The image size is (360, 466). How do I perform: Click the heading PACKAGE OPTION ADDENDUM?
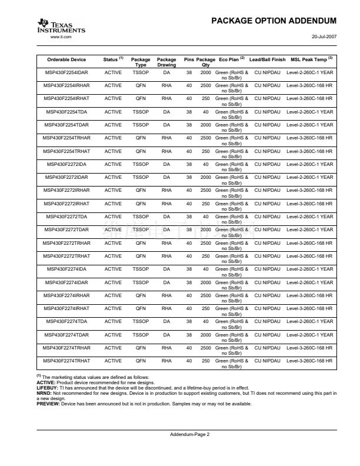point(274,21)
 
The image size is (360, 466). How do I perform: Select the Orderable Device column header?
point(66,60)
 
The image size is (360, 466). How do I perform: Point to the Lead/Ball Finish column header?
point(267,60)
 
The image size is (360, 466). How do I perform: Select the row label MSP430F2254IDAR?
point(66,72)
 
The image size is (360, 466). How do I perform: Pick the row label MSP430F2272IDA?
point(66,164)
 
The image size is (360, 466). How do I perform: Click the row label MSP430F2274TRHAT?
point(66,361)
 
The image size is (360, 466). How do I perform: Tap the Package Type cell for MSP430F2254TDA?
point(141,112)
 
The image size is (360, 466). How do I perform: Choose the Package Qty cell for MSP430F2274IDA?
point(205,269)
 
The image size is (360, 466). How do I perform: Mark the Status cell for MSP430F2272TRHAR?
point(113,243)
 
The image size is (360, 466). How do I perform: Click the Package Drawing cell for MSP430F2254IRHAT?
point(166,99)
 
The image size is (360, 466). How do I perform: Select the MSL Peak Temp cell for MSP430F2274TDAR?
point(309,335)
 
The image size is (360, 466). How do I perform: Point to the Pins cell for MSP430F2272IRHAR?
point(189,191)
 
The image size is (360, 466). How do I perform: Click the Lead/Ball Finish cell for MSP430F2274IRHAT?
point(267,308)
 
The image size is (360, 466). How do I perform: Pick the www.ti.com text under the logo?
point(61,37)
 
